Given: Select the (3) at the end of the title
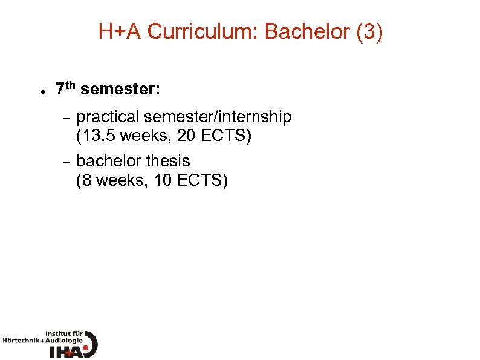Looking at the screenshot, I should coord(370,32).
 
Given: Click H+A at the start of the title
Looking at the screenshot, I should coord(120,32).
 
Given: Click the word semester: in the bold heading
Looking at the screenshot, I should coord(120,90).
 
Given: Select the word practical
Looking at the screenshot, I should coord(108,117).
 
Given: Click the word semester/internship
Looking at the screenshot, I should coord(218,117).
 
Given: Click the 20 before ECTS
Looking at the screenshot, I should coord(187,136).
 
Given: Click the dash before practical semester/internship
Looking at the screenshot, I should coord(67,117).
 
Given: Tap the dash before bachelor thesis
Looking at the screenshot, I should coord(67,162).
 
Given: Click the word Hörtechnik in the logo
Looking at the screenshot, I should coord(21,341).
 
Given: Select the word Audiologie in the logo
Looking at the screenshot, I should coord(63,341).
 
